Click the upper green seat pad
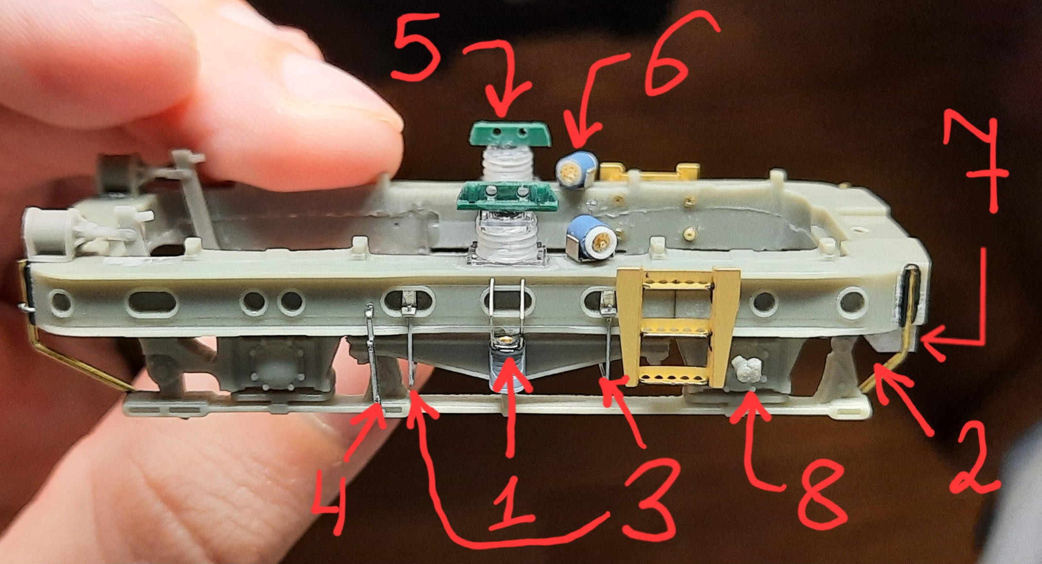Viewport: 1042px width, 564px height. pyautogui.click(x=510, y=134)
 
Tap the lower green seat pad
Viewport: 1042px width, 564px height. pyautogui.click(x=506, y=197)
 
